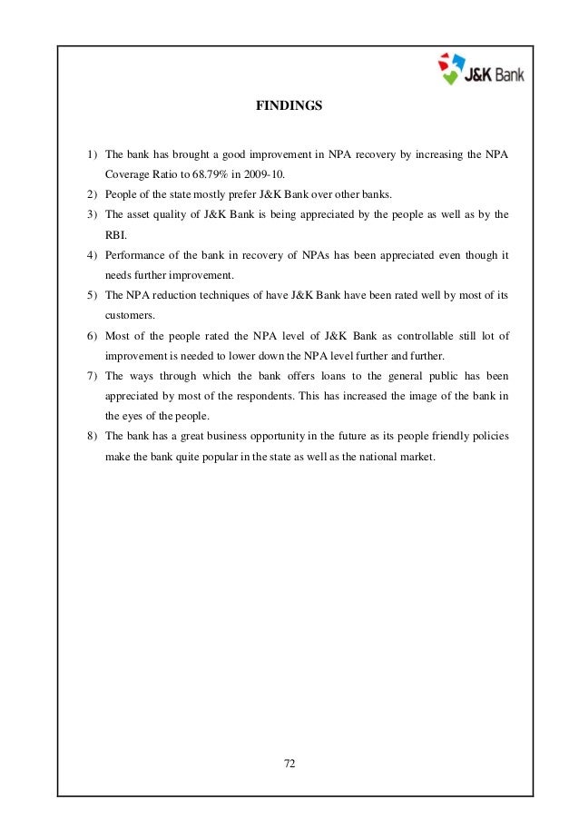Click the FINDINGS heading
289,106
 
